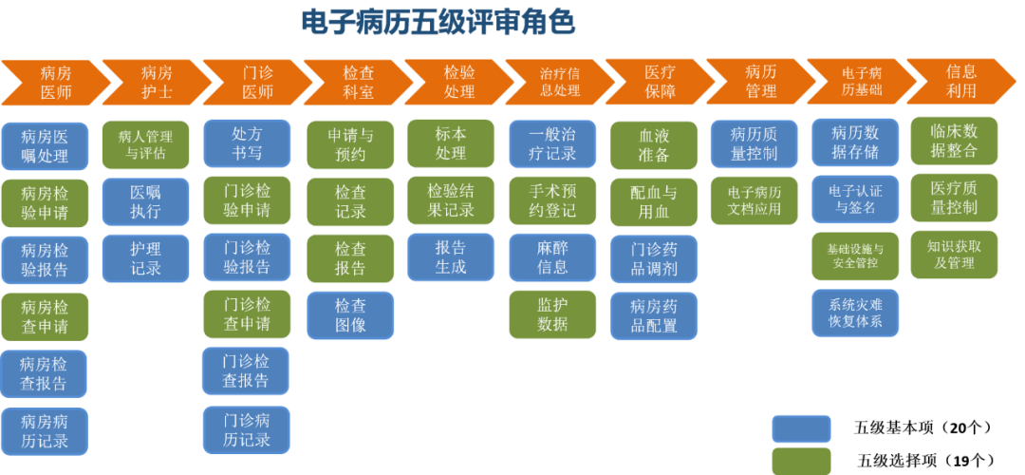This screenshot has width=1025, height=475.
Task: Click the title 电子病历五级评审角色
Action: pyautogui.click(x=438, y=22)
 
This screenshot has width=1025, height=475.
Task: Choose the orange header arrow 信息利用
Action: pyautogui.click(x=960, y=81)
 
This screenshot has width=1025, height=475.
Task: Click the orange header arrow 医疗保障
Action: pyautogui.click(x=659, y=82)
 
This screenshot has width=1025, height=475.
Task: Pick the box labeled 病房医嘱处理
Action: pyautogui.click(x=45, y=145)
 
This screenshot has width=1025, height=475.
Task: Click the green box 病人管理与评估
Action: pyautogui.click(x=146, y=144)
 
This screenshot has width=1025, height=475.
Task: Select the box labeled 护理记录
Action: pyautogui.click(x=146, y=258)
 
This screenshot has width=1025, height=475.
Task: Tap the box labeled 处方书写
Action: pyautogui.click(x=247, y=143)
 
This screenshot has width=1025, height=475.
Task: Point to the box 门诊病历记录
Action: pyautogui.click(x=247, y=429)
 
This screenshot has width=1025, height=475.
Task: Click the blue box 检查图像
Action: pyautogui.click(x=350, y=315)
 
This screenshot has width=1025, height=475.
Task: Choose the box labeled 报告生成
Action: pyautogui.click(x=451, y=257)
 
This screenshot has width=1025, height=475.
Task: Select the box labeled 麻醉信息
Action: pyautogui.click(x=552, y=257)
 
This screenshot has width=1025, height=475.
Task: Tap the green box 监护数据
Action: pyautogui.click(x=552, y=314)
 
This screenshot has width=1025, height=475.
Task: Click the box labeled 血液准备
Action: pyautogui.click(x=654, y=144)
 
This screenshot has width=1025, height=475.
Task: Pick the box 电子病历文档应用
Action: pyautogui.click(x=755, y=200)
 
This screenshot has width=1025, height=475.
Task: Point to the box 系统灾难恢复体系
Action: pyautogui.click(x=855, y=313)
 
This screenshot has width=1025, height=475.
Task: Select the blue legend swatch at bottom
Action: pyautogui.click(x=801, y=428)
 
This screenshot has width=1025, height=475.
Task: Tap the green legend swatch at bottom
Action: pyautogui.click(x=801, y=461)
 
